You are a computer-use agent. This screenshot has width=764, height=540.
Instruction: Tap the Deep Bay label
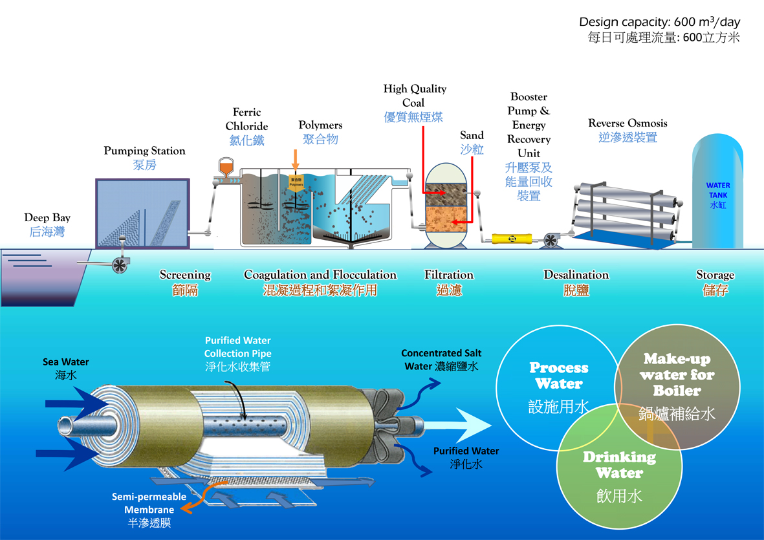(47, 218)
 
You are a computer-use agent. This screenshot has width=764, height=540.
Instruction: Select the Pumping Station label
(144, 151)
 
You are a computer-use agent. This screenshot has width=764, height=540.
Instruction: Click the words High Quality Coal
(415, 95)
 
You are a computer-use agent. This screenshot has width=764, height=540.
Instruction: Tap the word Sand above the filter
(472, 135)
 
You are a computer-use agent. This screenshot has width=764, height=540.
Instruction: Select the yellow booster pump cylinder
(512, 239)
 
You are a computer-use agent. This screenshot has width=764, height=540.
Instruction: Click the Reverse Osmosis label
(628, 123)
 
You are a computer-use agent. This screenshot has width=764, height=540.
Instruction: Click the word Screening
(185, 275)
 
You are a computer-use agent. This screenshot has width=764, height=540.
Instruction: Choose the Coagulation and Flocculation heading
(320, 275)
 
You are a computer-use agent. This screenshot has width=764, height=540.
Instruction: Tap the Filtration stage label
(449, 275)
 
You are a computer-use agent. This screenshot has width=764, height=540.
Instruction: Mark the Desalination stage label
(576, 275)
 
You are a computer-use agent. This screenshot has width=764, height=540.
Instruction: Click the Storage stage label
(715, 275)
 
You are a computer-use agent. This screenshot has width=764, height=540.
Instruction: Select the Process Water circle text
(559, 376)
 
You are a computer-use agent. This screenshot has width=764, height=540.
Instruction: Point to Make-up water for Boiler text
(677, 374)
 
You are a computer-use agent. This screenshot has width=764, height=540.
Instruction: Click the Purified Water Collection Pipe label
(237, 347)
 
